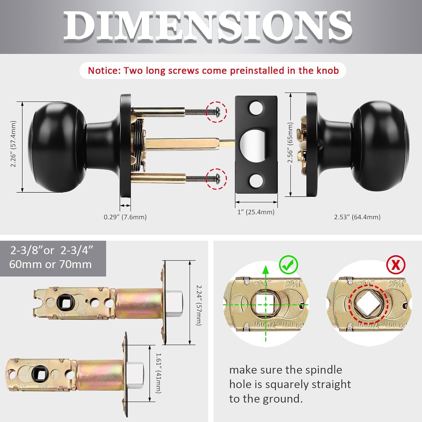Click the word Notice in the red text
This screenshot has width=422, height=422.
tap(104, 70)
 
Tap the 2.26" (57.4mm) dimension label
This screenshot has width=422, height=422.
tap(13, 144)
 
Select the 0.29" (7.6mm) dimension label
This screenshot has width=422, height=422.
tap(125, 217)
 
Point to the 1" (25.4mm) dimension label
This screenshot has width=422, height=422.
tap(256, 212)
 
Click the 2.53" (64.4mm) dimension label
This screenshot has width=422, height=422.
tap(357, 217)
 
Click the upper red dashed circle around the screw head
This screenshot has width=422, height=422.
tap(216, 112)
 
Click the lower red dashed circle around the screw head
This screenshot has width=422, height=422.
tap(216, 179)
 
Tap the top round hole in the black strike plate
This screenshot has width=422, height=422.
tap(256, 108)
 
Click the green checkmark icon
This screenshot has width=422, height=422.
tap(289, 265)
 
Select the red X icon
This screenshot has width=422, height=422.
tap(396, 265)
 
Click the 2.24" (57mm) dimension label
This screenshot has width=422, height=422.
tap(199, 305)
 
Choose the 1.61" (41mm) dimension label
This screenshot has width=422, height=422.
tap(159, 373)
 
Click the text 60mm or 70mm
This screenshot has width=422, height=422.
tap(50, 264)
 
